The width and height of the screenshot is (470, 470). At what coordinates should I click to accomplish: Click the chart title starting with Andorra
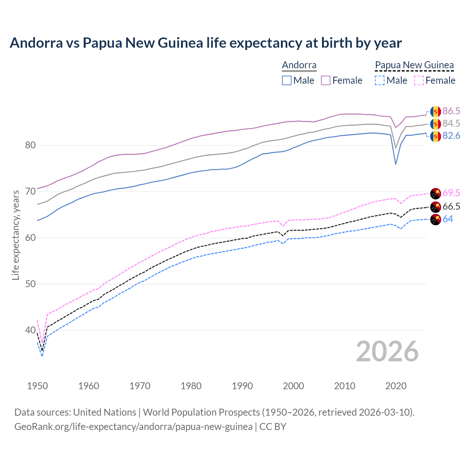[206, 43]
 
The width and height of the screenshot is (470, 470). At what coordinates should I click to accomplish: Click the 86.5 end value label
[451, 111]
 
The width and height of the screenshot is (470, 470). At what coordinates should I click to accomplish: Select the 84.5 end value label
[451, 124]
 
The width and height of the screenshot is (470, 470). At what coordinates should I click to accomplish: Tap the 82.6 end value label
[451, 136]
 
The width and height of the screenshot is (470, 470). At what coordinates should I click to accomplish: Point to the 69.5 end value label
[451, 193]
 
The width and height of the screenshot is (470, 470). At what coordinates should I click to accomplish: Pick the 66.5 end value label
[451, 207]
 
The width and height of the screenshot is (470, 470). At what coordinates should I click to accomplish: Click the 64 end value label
[448, 219]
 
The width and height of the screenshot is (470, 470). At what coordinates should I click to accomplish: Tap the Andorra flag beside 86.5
[435, 112]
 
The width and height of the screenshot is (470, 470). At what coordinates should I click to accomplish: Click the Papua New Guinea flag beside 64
[435, 220]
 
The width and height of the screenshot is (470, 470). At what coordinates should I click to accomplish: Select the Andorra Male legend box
[287, 80]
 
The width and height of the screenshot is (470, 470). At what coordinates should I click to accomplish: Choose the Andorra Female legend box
[326, 80]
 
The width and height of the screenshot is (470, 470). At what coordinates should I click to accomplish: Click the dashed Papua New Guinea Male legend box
[380, 80]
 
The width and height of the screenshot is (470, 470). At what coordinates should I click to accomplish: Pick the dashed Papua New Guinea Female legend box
[419, 80]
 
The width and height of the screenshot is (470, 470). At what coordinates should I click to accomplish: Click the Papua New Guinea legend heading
[414, 65]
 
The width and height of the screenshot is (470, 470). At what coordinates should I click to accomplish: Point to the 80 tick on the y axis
[30, 145]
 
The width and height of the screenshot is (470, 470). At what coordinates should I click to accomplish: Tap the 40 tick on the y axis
[30, 330]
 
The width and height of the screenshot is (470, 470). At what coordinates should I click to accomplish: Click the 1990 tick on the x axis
[242, 386]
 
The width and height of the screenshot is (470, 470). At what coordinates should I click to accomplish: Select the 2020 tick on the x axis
[396, 386]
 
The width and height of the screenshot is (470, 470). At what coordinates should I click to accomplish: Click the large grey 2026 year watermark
[387, 351]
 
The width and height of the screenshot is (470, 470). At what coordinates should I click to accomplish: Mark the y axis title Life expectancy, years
[15, 235]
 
